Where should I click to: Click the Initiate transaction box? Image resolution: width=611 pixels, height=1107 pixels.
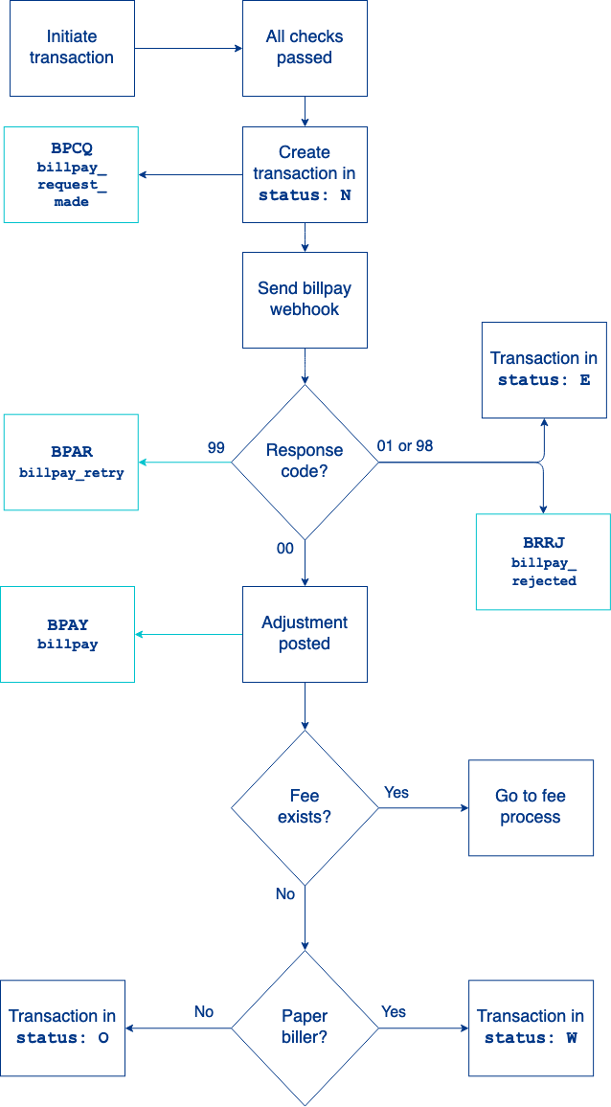pyautogui.click(x=72, y=48)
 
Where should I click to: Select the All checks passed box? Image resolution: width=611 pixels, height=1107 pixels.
pyautogui.click(x=305, y=48)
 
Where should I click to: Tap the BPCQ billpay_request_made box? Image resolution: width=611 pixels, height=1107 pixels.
pyautogui.click(x=71, y=175)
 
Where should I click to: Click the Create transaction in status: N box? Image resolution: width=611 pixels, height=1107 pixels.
pyautogui.click(x=305, y=174)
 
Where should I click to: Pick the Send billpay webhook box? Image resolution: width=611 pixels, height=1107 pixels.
pyautogui.click(x=305, y=300)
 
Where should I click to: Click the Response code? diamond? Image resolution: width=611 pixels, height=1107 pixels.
pyautogui.click(x=305, y=462)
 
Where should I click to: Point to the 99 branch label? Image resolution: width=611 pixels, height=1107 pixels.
pyautogui.click(x=216, y=447)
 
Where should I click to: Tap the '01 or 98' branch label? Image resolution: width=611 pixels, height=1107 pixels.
pyautogui.click(x=405, y=446)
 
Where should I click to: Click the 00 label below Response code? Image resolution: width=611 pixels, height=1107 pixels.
pyautogui.click(x=284, y=549)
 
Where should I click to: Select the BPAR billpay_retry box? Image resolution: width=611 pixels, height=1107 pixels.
pyautogui.click(x=71, y=462)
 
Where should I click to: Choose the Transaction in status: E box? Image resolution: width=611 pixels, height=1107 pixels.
pyautogui.click(x=544, y=370)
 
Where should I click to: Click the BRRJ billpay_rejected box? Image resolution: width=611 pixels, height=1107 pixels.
pyautogui.click(x=543, y=561)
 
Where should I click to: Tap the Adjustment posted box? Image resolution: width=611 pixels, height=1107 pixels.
pyautogui.click(x=305, y=634)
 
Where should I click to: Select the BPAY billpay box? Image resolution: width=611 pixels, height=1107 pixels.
pyautogui.click(x=67, y=634)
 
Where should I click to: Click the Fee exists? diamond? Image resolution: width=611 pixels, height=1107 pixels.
pyautogui.click(x=305, y=807)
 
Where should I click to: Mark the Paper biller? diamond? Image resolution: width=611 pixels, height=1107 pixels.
pyautogui.click(x=305, y=1028)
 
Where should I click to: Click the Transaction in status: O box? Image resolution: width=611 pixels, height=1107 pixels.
pyautogui.click(x=62, y=1028)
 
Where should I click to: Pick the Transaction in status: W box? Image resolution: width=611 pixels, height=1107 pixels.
pyautogui.click(x=531, y=1028)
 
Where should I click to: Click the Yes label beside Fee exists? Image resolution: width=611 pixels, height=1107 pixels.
pyautogui.click(x=396, y=792)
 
